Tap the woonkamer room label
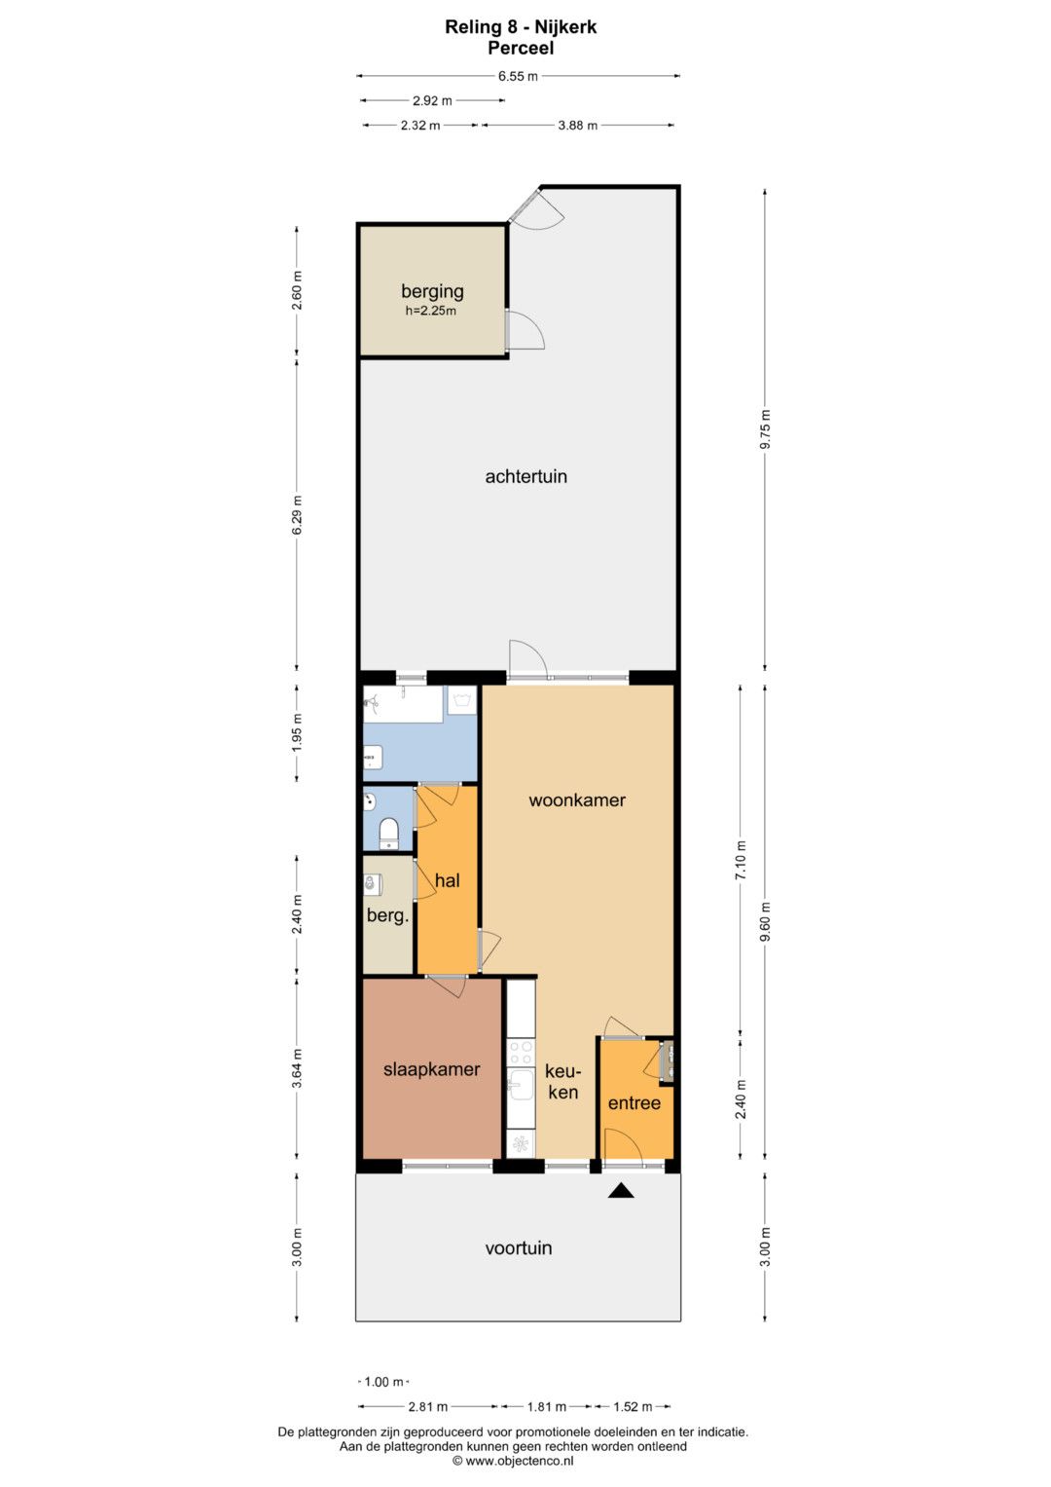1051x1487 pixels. click(576, 799)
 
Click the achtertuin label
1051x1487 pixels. click(525, 476)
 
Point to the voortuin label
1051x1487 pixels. click(518, 1248)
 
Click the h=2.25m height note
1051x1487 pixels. click(430, 311)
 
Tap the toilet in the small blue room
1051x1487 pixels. click(388, 834)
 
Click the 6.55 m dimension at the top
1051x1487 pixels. click(518, 76)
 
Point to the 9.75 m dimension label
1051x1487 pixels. click(765, 428)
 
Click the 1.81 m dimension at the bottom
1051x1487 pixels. click(546, 1407)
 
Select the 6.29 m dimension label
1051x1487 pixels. click(297, 514)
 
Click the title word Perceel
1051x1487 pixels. click(521, 49)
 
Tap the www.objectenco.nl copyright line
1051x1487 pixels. click(513, 1461)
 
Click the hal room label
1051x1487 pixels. click(448, 881)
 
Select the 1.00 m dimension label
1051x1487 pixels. click(383, 1382)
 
